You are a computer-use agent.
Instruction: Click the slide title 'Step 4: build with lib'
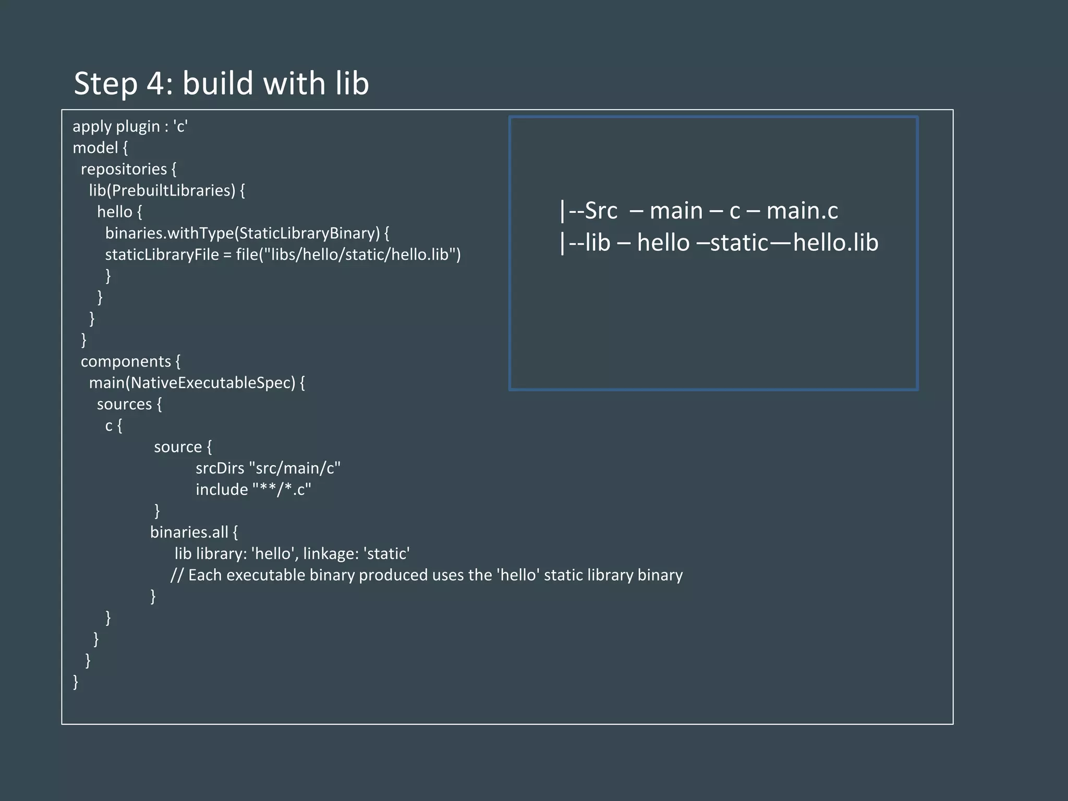221,83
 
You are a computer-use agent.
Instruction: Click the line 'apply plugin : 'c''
130,127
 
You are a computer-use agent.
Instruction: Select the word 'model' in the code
95,148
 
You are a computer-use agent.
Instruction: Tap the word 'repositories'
124,169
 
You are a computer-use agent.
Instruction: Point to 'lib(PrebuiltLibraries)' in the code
162,191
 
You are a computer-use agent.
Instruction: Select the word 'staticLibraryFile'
162,254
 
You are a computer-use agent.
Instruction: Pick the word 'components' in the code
126,361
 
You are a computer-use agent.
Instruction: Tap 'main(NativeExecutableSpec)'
192,383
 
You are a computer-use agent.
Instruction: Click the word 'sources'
124,404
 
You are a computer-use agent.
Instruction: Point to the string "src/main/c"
295,468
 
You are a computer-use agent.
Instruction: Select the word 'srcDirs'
220,468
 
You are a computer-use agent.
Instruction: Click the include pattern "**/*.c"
282,490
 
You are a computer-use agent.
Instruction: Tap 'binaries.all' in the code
189,532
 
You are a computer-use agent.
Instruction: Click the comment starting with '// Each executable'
427,575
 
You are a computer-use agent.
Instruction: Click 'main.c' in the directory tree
802,211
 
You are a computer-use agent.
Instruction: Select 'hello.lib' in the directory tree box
835,243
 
